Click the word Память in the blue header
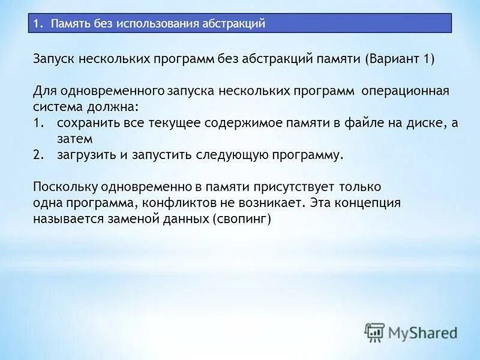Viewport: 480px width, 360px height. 68,23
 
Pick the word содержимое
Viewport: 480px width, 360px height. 230,123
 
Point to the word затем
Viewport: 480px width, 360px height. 74,139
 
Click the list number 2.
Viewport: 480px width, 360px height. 38,154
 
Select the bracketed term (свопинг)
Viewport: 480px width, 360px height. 242,219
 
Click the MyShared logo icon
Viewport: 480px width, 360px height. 375,332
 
